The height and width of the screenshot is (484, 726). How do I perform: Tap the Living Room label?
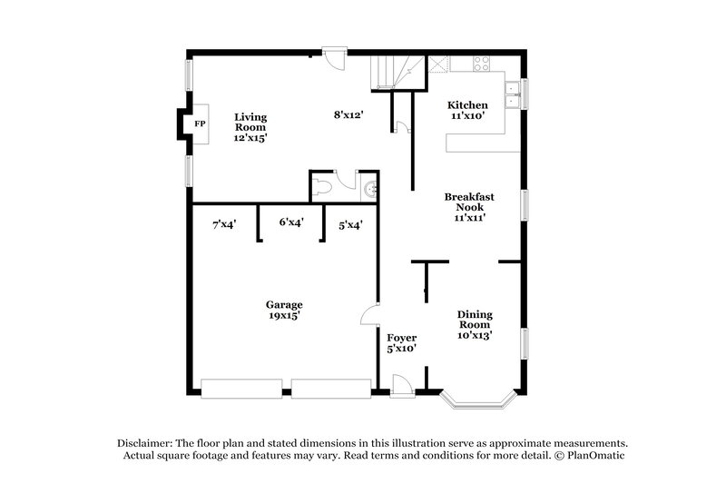(250, 126)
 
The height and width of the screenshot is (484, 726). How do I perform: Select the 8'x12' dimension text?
(348, 114)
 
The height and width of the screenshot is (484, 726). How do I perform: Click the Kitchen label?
(468, 111)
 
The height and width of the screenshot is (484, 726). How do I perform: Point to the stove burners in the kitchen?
(482, 64)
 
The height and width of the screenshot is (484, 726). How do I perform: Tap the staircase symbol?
(397, 71)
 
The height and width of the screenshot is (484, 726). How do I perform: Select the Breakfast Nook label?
(467, 206)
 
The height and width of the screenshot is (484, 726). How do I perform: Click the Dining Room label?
(475, 324)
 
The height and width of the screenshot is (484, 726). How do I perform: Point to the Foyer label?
(402, 342)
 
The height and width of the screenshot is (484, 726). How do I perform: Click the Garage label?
(284, 310)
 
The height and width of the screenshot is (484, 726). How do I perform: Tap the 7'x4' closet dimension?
(224, 223)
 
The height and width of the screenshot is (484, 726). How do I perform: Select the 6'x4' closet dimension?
(290, 221)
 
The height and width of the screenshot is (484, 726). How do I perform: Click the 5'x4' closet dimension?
(350, 224)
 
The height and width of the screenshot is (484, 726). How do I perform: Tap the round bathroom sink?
(369, 189)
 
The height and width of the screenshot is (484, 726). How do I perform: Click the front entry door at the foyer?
(402, 386)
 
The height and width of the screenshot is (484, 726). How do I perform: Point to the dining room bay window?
(478, 397)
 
